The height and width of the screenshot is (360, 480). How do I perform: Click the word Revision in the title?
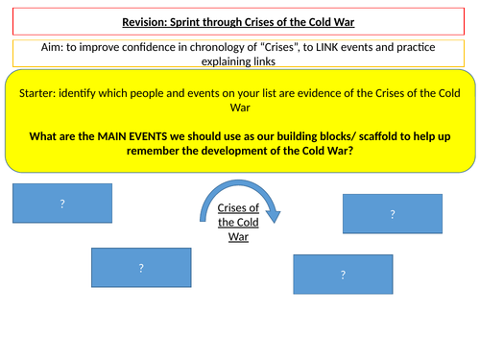(147, 23)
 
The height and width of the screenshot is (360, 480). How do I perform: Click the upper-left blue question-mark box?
(62, 203)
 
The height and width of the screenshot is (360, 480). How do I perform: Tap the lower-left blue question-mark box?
(140, 268)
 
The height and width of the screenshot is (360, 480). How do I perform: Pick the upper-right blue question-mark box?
(392, 214)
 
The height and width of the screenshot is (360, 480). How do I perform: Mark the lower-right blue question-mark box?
(342, 276)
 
